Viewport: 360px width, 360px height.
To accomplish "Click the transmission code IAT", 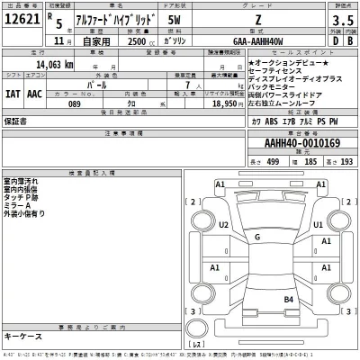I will tap(13, 92).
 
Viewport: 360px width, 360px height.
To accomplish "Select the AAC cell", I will tap(35, 92).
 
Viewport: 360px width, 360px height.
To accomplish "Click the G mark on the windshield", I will tap(257, 236).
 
